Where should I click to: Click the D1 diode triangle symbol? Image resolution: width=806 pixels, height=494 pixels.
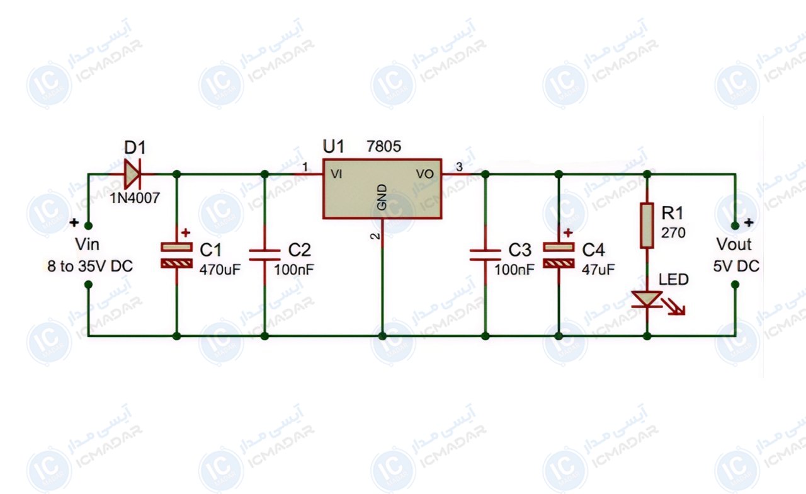pos(132,175)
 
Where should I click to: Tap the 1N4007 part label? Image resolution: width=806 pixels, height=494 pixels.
pos(135,198)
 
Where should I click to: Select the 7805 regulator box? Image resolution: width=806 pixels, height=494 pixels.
pos(382,188)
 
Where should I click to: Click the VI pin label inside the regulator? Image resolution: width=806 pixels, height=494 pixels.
pos(336,175)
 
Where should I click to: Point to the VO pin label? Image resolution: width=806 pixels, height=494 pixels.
pos(425,175)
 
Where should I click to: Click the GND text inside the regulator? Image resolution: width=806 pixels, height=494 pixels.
pos(382,197)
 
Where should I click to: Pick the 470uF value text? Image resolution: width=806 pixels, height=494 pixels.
pos(220,270)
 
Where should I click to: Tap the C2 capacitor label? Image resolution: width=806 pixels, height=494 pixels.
pos(299,250)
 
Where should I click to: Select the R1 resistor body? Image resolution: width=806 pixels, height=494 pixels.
pos(647,226)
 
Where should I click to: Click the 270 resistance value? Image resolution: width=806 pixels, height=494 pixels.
pos(673,233)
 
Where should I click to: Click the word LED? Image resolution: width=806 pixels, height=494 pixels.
pos(674,279)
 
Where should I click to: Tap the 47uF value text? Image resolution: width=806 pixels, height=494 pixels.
pos(598,270)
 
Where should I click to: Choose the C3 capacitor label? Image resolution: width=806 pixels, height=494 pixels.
pos(519,250)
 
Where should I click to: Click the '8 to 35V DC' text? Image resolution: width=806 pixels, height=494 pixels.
pos(90,267)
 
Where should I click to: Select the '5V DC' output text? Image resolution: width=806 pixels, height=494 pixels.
pos(736,267)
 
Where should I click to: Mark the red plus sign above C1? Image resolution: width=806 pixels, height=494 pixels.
pos(186,233)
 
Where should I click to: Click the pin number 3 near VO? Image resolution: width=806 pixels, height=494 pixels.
pos(459,167)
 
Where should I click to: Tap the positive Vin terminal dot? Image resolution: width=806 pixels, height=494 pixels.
pos(88,226)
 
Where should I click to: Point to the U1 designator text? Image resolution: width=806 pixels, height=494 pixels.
pos(333,147)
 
